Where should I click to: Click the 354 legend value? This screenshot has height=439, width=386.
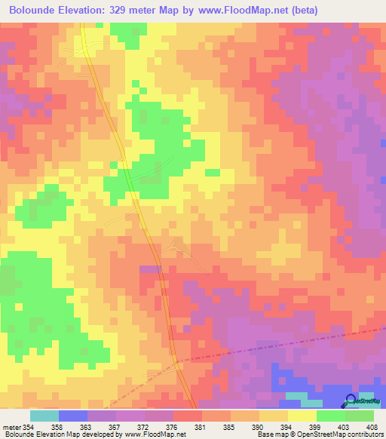(x=27, y=428)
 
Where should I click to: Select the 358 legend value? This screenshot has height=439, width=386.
(x=58, y=428)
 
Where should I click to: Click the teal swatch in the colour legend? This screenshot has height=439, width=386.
(x=44, y=416)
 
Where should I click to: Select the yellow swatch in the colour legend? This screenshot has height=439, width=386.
(x=302, y=416)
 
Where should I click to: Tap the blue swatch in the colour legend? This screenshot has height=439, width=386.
(x=73, y=416)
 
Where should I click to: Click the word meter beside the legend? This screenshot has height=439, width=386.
(x=10, y=428)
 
